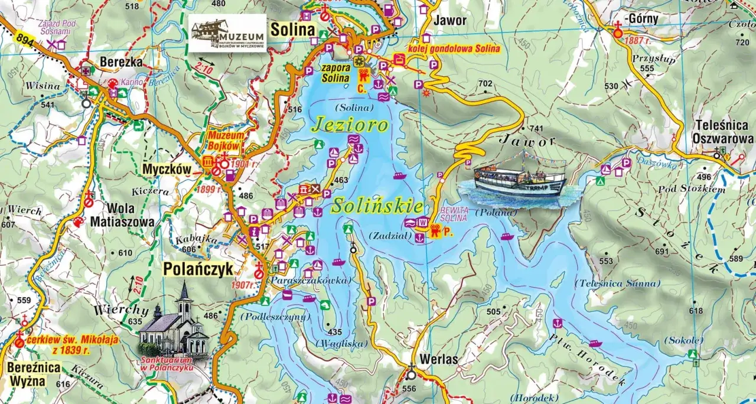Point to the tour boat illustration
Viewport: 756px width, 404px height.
click(x=520, y=179)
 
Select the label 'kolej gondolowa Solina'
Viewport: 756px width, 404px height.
click(x=454, y=48)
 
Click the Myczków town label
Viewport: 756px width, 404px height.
click(x=167, y=170)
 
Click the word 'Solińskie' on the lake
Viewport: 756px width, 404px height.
click(x=377, y=206)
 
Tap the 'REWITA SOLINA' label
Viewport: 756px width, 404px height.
click(x=455, y=214)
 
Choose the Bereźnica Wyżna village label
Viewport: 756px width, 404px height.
click(x=28, y=373)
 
